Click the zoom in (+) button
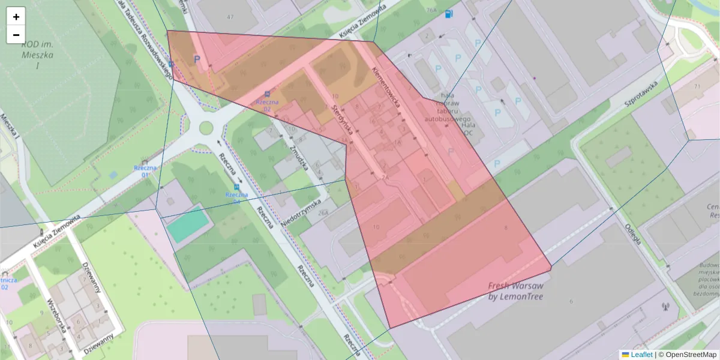point(16,17)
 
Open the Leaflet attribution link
point(641,355)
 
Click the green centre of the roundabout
point(206,127)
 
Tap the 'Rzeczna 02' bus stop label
point(267,106)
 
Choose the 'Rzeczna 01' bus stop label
point(145,171)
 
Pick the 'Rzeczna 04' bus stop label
point(236,198)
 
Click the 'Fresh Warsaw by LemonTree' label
point(515,291)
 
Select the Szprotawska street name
point(641,94)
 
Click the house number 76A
point(431,10)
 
